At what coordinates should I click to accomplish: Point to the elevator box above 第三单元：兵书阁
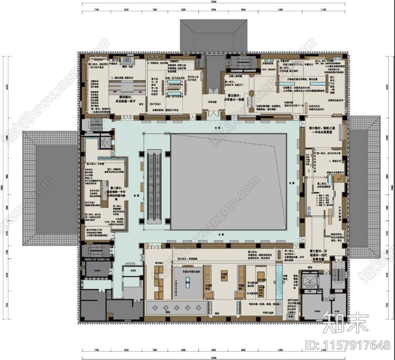click(107, 142)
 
